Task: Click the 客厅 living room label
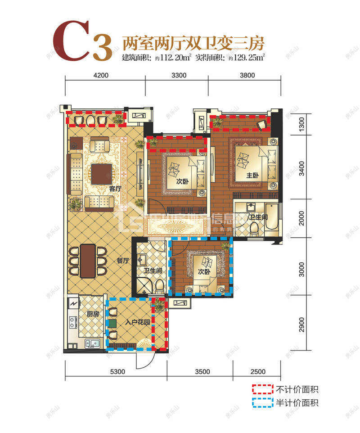(115, 189)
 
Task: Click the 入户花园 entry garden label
(137, 323)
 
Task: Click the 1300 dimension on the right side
(302, 123)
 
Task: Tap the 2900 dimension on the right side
(302, 324)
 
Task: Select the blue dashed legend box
(262, 402)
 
